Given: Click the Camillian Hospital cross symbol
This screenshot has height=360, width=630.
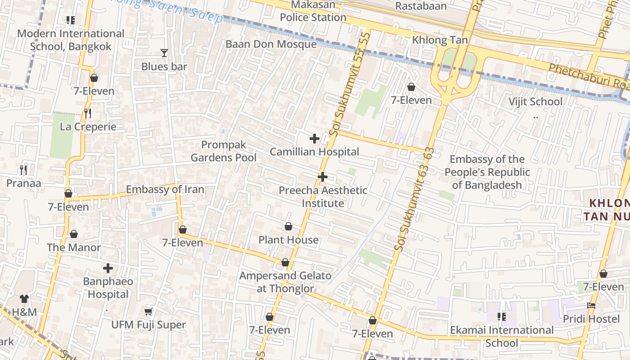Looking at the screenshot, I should [x=315, y=139].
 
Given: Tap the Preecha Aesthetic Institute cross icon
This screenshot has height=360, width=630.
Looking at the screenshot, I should [x=322, y=177].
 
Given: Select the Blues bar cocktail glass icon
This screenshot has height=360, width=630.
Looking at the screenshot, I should [x=164, y=53].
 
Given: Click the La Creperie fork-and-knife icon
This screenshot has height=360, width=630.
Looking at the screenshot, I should [x=88, y=113].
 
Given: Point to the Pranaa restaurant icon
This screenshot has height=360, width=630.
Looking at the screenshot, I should [x=23, y=170].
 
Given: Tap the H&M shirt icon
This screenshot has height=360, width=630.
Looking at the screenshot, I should [x=24, y=298].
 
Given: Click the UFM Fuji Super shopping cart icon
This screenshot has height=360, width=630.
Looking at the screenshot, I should [x=148, y=311].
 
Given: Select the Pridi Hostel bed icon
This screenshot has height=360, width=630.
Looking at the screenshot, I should [x=591, y=306].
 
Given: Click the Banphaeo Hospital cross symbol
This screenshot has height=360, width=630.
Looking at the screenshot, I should [x=108, y=268].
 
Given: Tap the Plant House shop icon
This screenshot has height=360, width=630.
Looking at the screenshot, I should [x=288, y=226].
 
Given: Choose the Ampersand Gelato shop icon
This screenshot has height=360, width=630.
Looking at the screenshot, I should [x=285, y=262].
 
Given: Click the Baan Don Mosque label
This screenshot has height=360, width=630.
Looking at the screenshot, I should [x=271, y=44].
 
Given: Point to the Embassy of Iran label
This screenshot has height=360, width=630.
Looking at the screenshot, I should [x=165, y=189].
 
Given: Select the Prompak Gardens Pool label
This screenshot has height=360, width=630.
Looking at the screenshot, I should [x=224, y=151].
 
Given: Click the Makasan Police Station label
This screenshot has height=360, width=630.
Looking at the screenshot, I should [x=313, y=11].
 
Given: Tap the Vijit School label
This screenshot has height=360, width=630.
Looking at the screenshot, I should [x=535, y=102].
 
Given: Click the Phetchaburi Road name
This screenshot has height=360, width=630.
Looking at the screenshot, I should [x=587, y=76].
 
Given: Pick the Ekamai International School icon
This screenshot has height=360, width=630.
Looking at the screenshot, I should [x=502, y=317].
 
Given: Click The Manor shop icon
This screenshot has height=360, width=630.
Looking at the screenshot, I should [x=74, y=234].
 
